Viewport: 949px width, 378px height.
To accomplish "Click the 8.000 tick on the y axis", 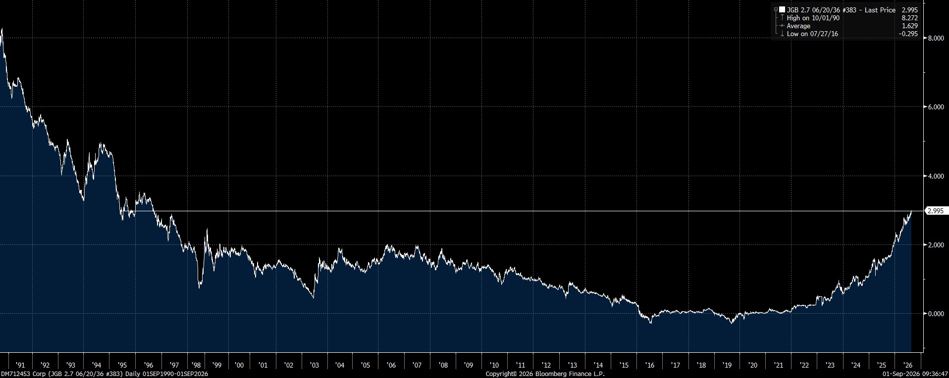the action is (x=935, y=38).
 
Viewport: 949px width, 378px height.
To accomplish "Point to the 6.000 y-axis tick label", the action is (x=935, y=107).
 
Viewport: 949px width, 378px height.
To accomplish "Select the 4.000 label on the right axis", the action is (x=935, y=176).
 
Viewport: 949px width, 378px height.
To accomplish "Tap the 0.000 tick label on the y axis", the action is (x=935, y=314).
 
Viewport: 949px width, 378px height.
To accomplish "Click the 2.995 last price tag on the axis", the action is (x=935, y=211).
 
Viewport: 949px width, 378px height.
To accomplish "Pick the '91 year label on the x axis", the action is (x=20, y=366).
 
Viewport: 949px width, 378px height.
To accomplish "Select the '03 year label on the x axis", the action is (x=314, y=366).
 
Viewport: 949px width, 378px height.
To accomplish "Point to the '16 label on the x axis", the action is (x=649, y=366).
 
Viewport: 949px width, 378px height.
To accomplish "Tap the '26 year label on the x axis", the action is (x=907, y=366).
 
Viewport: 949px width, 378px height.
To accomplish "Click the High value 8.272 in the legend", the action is (x=909, y=18).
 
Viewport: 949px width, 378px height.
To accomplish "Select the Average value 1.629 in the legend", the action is (x=909, y=26).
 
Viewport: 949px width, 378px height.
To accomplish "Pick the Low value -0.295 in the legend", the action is (x=908, y=34).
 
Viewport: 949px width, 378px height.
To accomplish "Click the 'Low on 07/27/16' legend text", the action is (x=812, y=34).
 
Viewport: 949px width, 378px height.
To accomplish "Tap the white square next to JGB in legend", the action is (x=782, y=9).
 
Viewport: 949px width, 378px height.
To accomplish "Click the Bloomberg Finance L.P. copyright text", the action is (x=545, y=374).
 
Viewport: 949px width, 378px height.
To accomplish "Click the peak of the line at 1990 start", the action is (x=2, y=29).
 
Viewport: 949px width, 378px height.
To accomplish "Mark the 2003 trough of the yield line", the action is (x=313, y=297).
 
